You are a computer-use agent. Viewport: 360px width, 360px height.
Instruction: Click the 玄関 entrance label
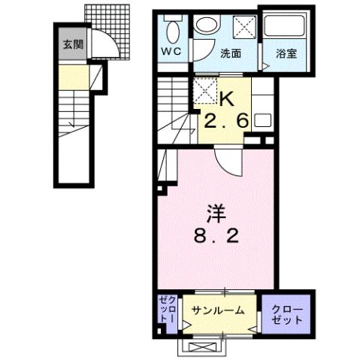[74, 44]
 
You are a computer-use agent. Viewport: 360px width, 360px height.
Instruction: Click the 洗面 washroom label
[231, 53]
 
